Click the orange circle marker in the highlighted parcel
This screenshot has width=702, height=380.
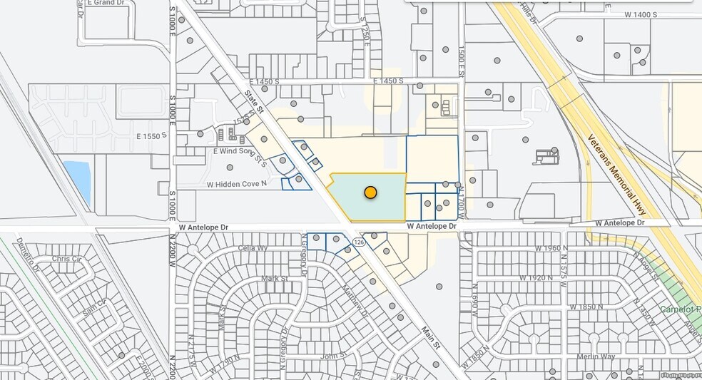click(x=370, y=192)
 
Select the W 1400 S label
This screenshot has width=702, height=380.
click(x=640, y=14)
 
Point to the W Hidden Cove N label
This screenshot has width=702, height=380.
click(x=237, y=184)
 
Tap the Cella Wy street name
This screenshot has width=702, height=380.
click(x=253, y=248)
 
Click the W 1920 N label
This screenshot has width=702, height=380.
click(x=536, y=277)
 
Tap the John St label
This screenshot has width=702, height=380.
click(x=332, y=354)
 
